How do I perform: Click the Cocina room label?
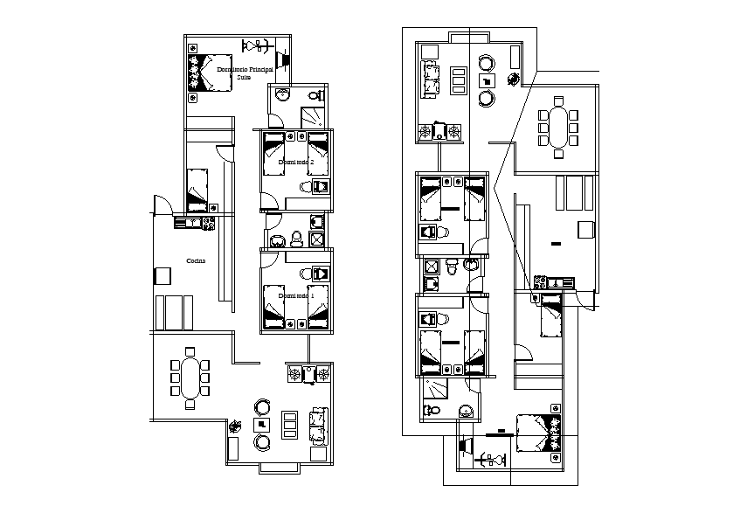coord(197,260)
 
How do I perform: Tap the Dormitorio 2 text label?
coord(295,163)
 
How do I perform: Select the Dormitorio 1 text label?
coord(295,296)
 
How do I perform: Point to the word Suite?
coord(245,77)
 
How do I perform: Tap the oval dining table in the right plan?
coord(558,128)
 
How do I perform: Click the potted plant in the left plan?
coord(235,426)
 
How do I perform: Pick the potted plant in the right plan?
coord(513,79)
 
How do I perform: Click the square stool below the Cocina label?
coord(163,275)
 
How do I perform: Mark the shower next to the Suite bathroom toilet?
coord(313,115)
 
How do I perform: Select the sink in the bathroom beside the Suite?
coord(282,95)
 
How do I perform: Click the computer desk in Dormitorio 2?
coord(316,187)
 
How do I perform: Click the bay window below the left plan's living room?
coord(280,468)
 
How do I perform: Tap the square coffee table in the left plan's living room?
coord(260,425)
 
